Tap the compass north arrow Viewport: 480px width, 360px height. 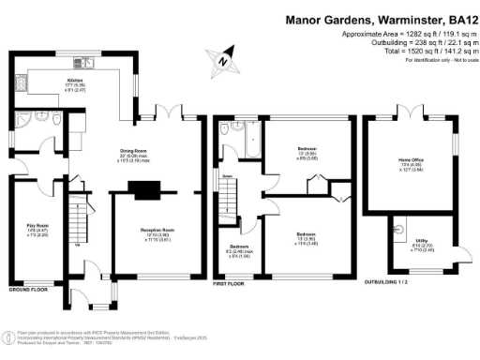222,61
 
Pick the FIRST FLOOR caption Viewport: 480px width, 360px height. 229,282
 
